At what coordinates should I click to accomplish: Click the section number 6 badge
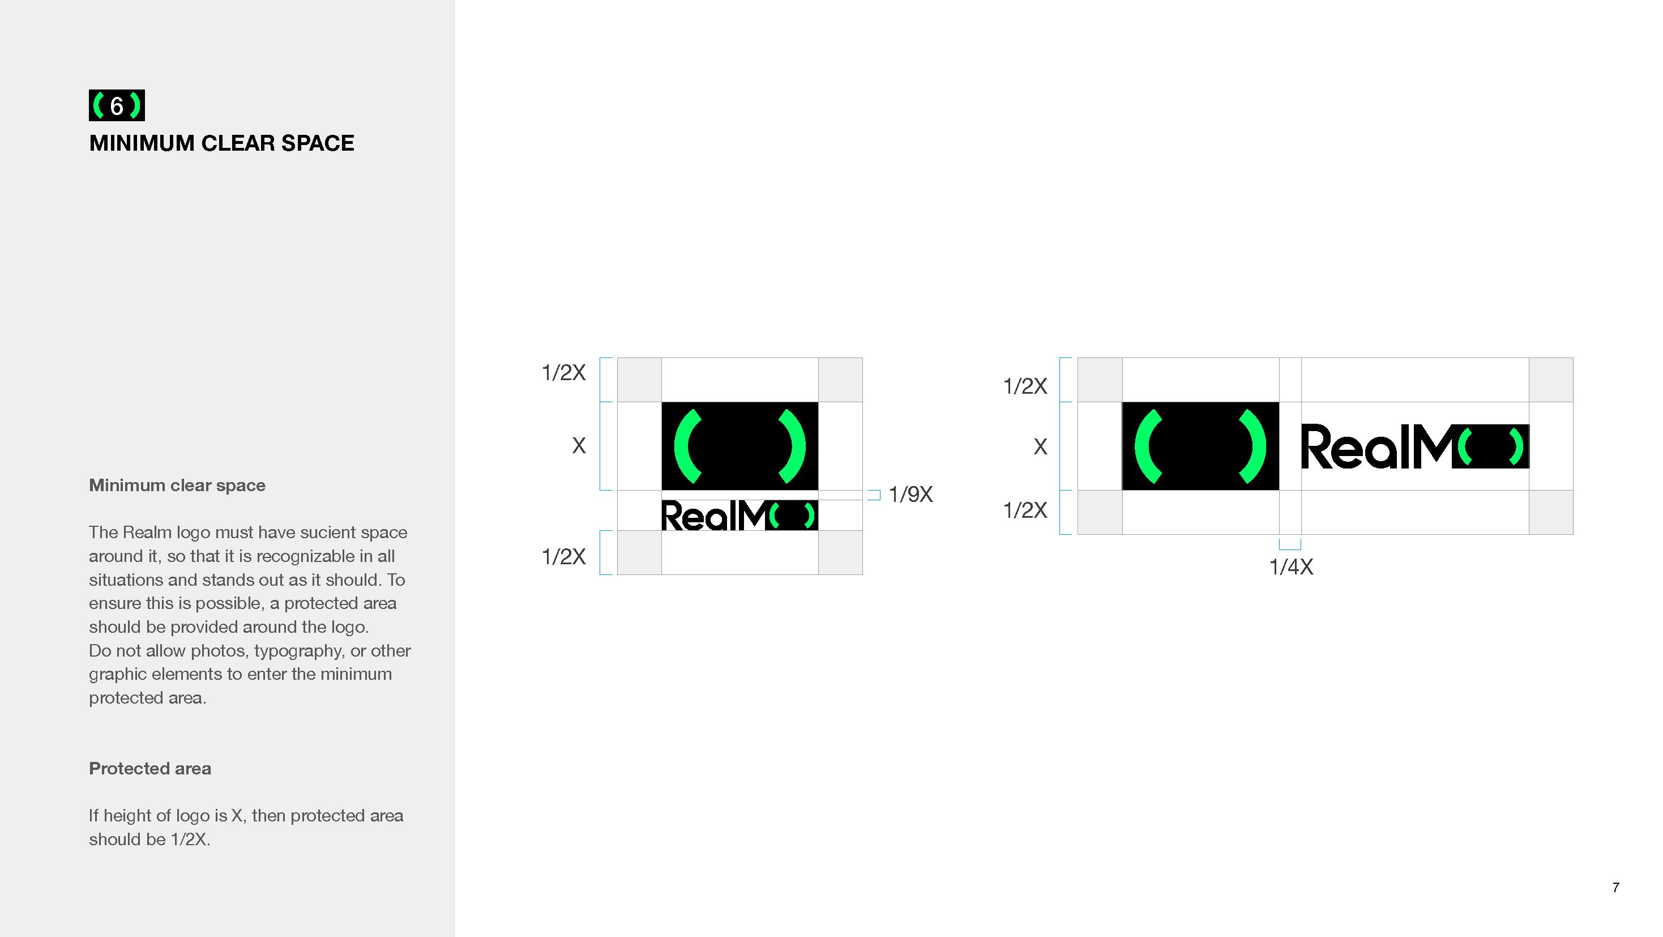coord(117,105)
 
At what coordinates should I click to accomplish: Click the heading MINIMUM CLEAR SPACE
coord(221,143)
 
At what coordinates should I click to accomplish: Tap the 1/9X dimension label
coord(910,495)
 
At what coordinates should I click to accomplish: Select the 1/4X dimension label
coord(1290,567)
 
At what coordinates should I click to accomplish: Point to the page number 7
coord(1615,887)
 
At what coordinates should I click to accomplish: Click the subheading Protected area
coord(150,768)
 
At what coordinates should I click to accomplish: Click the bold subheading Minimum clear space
coord(177,485)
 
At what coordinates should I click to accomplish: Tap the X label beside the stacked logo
coord(579,446)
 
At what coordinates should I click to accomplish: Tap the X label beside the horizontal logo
coord(1040,447)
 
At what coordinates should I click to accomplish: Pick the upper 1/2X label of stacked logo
coord(563,373)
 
